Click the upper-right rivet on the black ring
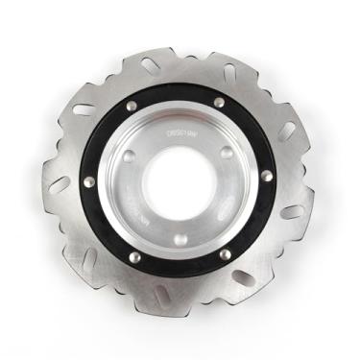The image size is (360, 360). (x=220, y=102)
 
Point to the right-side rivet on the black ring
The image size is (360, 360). (x=266, y=176)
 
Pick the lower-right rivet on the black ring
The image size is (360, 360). (x=226, y=254)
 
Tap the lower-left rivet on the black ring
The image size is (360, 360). (x=135, y=257)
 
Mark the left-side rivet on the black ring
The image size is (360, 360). (x=90, y=181)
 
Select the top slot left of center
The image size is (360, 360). (x=149, y=65)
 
